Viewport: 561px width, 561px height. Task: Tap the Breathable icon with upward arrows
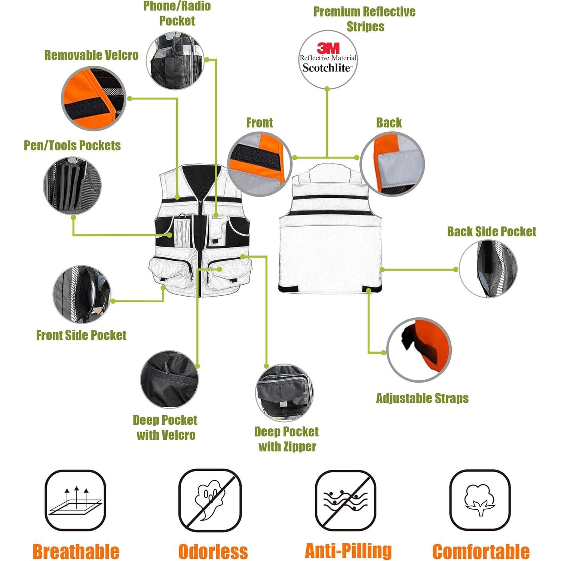tap(76, 500)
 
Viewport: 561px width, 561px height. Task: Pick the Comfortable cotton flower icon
tap(479, 500)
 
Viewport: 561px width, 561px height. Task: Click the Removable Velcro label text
tap(91, 55)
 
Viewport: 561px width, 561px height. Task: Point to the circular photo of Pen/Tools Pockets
tap(72, 186)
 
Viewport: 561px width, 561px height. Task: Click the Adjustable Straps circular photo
tap(419, 350)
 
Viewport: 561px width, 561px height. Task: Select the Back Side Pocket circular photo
tap(488, 269)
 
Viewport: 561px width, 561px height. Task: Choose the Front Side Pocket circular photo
tap(82, 295)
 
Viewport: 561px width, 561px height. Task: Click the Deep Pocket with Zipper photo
tap(284, 393)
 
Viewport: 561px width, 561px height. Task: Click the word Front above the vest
tap(259, 123)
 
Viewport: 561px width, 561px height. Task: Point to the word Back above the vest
tap(389, 123)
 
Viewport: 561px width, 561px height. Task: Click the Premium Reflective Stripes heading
tap(365, 19)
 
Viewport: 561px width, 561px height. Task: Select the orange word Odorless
tap(213, 552)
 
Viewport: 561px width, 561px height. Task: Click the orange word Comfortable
tap(481, 552)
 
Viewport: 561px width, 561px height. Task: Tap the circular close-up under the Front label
tap(260, 164)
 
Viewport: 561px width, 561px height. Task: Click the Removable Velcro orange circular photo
tap(93, 98)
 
